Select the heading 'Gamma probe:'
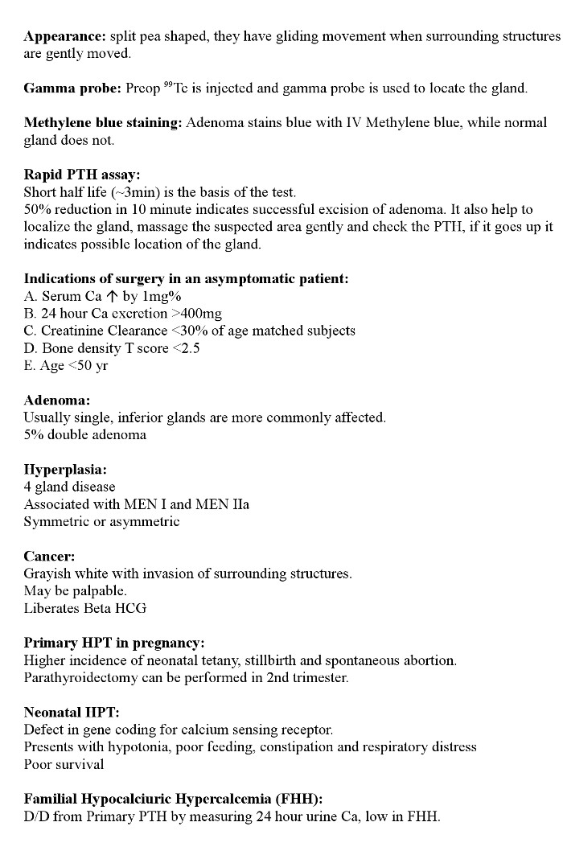coord(70,88)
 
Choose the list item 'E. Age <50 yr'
coord(66,366)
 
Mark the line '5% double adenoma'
coord(85,435)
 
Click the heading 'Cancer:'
coord(49,556)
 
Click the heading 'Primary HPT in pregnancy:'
coord(114,643)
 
